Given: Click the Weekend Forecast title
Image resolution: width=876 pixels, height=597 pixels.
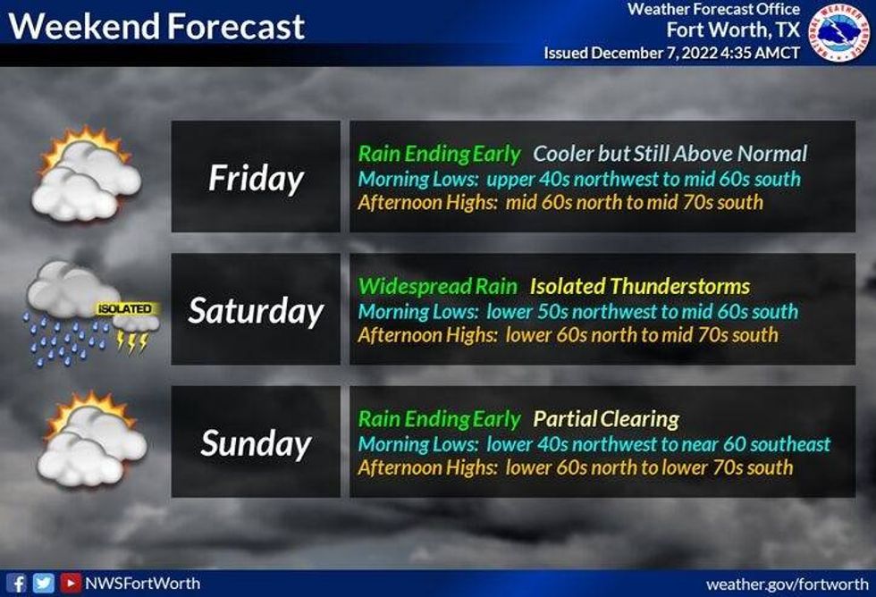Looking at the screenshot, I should [x=156, y=27].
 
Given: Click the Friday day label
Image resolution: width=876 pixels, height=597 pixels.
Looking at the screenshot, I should [x=256, y=178].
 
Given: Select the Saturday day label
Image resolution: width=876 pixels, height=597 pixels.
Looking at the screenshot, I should [x=256, y=310].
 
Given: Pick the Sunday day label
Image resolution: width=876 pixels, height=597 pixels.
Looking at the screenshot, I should [x=256, y=443].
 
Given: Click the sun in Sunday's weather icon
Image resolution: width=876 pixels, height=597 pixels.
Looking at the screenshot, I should [x=67, y=416].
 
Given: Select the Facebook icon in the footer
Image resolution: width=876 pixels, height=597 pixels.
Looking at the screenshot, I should [x=19, y=584].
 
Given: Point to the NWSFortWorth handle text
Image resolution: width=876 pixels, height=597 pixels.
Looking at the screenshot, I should [x=142, y=584].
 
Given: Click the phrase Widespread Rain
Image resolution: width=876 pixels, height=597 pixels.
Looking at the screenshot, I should [x=437, y=287].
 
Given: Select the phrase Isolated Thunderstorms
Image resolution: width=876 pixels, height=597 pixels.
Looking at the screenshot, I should [x=639, y=287].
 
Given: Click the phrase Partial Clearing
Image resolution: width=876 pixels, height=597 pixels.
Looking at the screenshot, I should [x=606, y=419].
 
